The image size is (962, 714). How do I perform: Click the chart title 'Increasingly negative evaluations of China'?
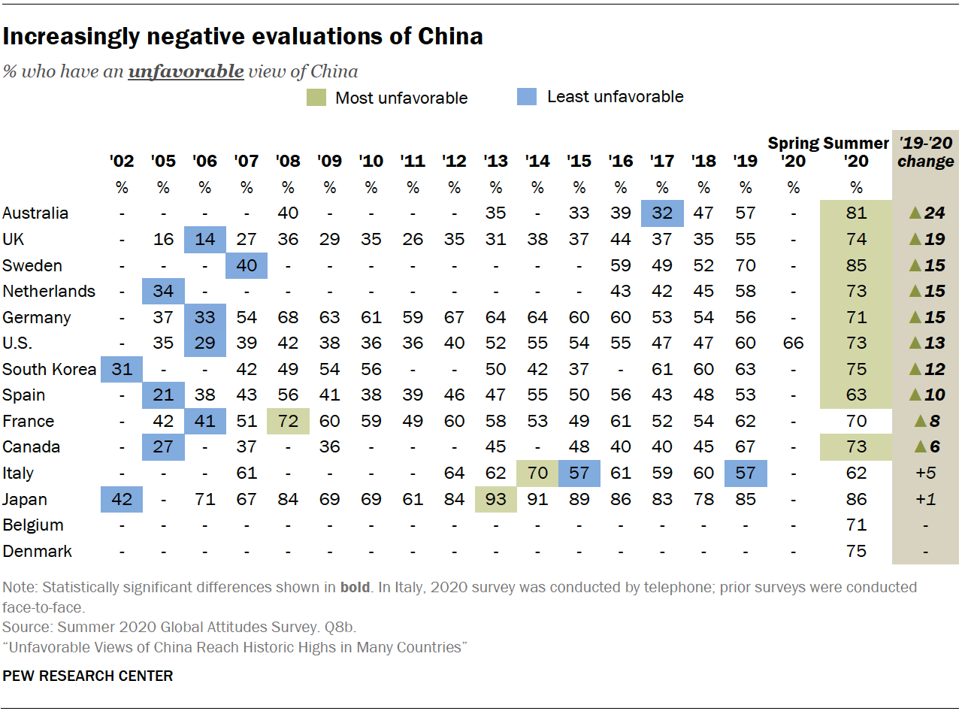tap(243, 36)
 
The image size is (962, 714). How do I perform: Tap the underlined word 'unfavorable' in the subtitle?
tap(186, 72)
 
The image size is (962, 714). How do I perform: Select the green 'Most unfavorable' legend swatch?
tap(316, 97)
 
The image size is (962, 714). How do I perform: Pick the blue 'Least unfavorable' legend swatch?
tap(527, 96)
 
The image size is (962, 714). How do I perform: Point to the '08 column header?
tap(288, 162)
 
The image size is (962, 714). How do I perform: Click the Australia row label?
tap(35, 213)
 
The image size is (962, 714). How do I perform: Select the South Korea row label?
tap(50, 369)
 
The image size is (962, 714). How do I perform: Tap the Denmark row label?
tap(38, 551)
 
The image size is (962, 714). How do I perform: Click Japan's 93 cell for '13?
tap(495, 499)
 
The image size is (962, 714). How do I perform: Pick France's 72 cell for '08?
tap(288, 421)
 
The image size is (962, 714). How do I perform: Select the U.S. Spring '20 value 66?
tap(793, 343)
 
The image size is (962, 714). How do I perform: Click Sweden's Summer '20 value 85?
tap(856, 265)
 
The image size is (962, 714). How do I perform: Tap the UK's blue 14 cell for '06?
tap(204, 239)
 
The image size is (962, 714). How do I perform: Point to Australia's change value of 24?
tap(926, 213)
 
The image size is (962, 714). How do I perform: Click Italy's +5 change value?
tap(926, 473)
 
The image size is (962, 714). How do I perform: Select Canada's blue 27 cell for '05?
tap(163, 447)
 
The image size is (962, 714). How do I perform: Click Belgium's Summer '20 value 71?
tap(856, 525)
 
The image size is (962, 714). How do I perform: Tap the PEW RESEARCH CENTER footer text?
tap(88, 676)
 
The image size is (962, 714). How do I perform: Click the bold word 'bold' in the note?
tap(355, 587)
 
